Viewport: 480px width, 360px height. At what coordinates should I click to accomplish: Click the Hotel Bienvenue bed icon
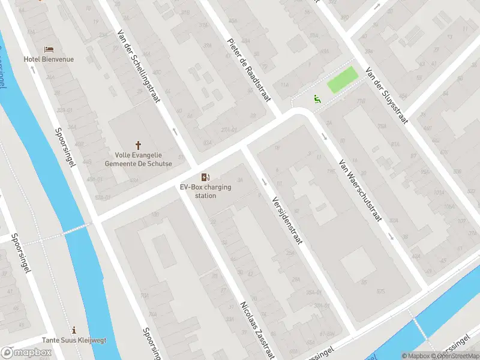(x=49, y=49)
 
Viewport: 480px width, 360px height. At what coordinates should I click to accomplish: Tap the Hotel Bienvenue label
(x=49, y=59)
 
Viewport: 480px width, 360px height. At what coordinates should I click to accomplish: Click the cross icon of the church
(x=139, y=145)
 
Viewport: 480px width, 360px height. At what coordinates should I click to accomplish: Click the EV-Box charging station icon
(x=206, y=176)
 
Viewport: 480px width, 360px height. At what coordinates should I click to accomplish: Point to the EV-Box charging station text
(x=206, y=191)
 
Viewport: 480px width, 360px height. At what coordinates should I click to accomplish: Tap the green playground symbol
(x=317, y=99)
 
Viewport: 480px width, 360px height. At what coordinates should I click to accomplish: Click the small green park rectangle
(x=342, y=80)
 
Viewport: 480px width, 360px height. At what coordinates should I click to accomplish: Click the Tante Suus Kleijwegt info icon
(x=74, y=329)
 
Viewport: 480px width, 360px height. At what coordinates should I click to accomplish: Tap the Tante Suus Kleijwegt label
(x=74, y=340)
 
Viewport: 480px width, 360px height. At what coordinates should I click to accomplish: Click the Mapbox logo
(x=26, y=352)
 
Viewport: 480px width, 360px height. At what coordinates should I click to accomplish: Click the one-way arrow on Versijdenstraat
(x=263, y=181)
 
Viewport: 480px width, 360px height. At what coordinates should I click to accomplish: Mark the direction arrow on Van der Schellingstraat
(x=175, y=130)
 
